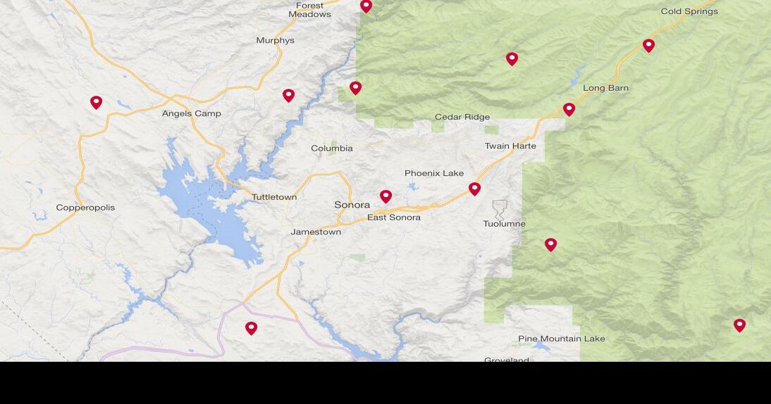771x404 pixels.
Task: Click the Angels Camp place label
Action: (x=191, y=113)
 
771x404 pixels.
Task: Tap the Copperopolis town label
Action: (x=85, y=208)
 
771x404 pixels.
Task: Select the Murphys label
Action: (x=275, y=41)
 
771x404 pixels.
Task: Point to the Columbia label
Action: (x=332, y=149)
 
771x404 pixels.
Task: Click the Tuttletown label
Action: (x=274, y=197)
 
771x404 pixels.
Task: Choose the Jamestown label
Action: (x=316, y=232)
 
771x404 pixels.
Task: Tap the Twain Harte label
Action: (x=510, y=146)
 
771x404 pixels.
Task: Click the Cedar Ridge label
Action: (x=462, y=117)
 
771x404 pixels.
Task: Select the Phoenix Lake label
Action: (x=434, y=173)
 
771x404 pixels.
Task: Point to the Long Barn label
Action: (x=605, y=88)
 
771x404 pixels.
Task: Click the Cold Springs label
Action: (x=689, y=11)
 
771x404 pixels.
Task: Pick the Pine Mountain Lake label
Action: (x=561, y=339)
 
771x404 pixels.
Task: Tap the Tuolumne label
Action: (x=504, y=224)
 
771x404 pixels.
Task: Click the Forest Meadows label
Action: (x=309, y=10)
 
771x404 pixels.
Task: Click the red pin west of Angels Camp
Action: (x=97, y=102)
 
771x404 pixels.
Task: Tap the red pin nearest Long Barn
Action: (x=569, y=109)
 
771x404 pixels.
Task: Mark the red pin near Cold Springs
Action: (x=648, y=45)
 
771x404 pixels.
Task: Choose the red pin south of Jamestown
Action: (x=251, y=328)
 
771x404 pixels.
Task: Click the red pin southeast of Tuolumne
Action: (x=550, y=244)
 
